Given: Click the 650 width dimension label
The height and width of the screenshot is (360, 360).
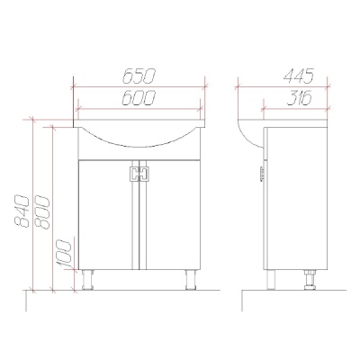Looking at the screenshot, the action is coord(139,76).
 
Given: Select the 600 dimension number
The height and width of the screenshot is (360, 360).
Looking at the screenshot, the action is coord(139,98).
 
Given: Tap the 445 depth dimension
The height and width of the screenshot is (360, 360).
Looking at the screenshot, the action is coord(299,76).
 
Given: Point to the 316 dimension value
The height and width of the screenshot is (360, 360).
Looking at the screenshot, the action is coord(299,98).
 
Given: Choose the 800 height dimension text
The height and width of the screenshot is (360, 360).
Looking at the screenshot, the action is coord(42,212).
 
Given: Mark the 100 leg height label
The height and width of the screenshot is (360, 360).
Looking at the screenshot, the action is coord(65,254).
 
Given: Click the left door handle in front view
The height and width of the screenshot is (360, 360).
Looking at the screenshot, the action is coord(134,174).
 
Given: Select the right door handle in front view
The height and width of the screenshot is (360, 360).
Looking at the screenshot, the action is coord(144,174).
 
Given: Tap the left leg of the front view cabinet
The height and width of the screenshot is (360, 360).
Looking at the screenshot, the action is coord(88,280).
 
